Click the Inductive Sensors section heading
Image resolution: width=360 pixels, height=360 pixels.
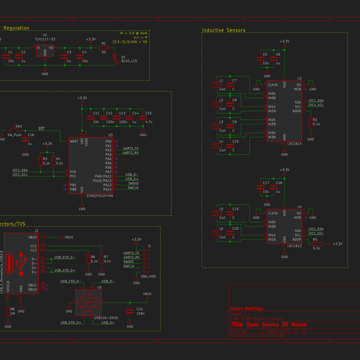pyautogui.click(x=223, y=30)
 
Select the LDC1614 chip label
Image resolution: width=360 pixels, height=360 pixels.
pyautogui.click(x=294, y=145)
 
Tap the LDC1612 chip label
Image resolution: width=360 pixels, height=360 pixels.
pyautogui.click(x=294, y=246)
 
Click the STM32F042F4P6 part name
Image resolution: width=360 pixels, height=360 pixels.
pyautogui.click(x=100, y=196)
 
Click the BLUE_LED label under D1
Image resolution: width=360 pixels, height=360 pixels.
pyautogui.click(x=129, y=61)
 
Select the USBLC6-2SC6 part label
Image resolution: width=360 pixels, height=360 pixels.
pyautogui.click(x=105, y=317)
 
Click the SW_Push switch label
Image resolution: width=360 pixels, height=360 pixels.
pyautogui.click(x=14, y=136)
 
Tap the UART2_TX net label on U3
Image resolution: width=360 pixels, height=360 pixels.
pyautogui.click(x=130, y=148)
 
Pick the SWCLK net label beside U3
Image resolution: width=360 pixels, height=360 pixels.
pyautogui.click(x=133, y=188)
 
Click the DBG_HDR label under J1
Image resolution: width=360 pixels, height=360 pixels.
pyautogui.click(x=148, y=277)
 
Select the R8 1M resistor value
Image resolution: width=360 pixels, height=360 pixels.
pyautogui.click(x=11, y=313)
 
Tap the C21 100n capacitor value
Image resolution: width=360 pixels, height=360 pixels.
pyautogui.click(x=140, y=313)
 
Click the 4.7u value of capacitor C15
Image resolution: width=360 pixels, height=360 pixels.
pyautogui.click(x=149, y=122)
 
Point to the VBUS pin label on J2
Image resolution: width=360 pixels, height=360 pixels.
pyautogui.click(x=32, y=237)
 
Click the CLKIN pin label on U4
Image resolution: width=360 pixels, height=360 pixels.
pyautogui.click(x=272, y=213)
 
